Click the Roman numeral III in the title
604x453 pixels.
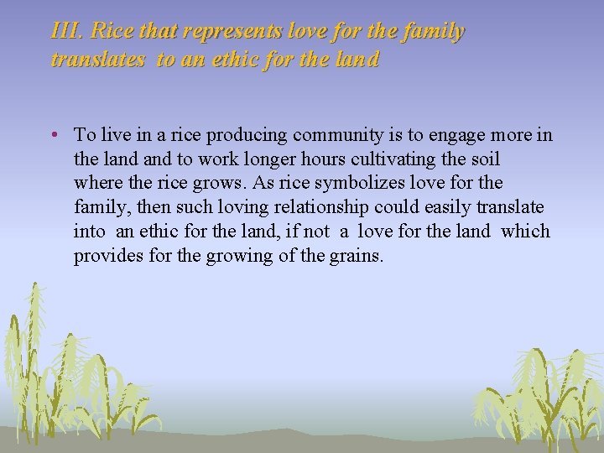[65, 32]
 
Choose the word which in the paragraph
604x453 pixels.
[526, 231]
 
